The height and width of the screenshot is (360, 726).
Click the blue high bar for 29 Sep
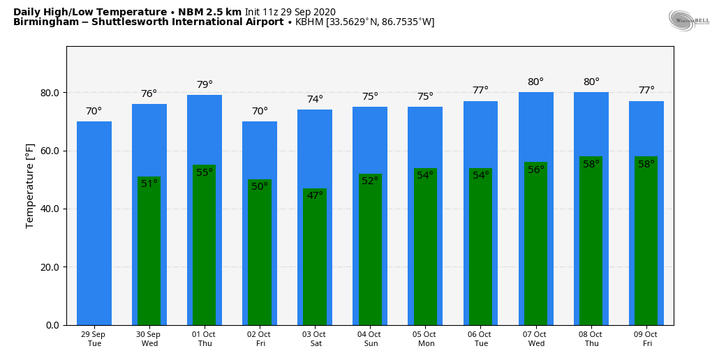pos(94,223)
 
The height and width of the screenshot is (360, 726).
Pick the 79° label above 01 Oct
pos(205,85)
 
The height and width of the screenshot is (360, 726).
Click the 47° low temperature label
pos(315,195)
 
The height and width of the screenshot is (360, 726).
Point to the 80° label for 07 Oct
pos(535,82)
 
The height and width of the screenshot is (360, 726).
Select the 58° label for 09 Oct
pos(646,165)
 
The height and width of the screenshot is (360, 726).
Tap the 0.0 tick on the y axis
pos(52,325)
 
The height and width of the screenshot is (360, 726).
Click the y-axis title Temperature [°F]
pos(30,186)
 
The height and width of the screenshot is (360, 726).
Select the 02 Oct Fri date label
pos(260,339)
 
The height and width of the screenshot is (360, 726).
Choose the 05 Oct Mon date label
pos(425,339)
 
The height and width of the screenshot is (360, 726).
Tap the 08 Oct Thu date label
pos(591,339)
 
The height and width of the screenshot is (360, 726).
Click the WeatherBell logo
pos(688,20)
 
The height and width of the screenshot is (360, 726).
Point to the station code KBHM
pos(309,22)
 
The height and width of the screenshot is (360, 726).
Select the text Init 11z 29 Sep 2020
pos(290,12)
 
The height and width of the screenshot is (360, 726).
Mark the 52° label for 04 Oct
pos(370,181)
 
